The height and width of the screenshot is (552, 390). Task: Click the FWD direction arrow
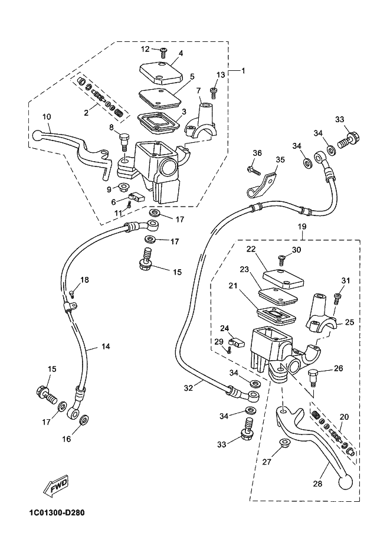pyautogui.click(x=55, y=487)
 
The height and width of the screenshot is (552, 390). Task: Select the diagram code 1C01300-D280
pyautogui.click(x=57, y=513)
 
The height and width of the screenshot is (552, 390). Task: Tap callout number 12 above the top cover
pyautogui.click(x=145, y=49)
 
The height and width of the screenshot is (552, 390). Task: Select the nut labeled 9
pyautogui.click(x=124, y=187)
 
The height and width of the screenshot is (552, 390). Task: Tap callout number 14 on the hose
pyautogui.click(x=106, y=347)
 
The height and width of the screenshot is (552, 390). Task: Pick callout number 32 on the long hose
pyautogui.click(x=188, y=388)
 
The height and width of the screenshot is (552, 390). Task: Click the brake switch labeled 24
pyautogui.click(x=237, y=342)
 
